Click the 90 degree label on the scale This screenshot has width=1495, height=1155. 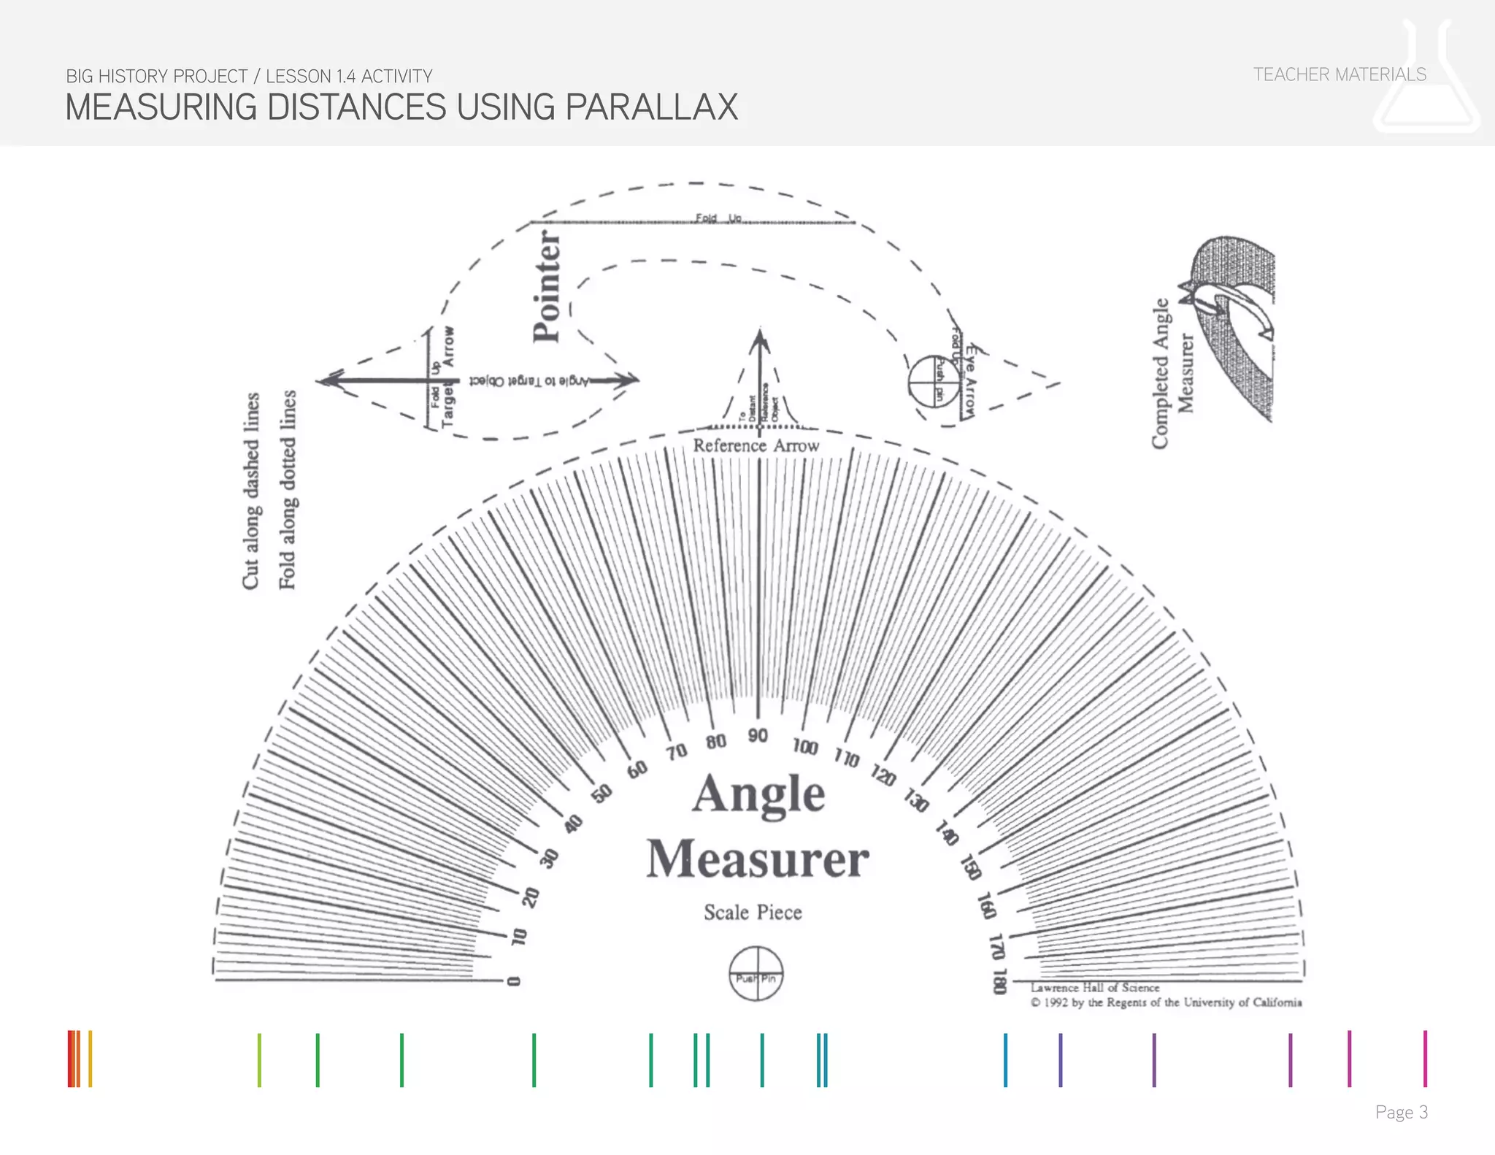pyautogui.click(x=758, y=735)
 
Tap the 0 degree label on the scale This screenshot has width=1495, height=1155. pyautogui.click(x=514, y=981)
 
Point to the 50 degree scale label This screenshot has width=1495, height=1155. pyautogui.click(x=602, y=794)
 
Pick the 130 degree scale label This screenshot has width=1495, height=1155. pyautogui.click(x=916, y=801)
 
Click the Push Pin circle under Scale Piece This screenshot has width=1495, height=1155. pyautogui.click(x=756, y=974)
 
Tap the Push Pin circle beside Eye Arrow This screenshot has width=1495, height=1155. pyautogui.click(x=934, y=381)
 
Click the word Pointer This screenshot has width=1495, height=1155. pyautogui.click(x=547, y=286)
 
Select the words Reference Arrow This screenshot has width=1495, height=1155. pyautogui.click(x=756, y=445)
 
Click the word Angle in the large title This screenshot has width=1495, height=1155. pyautogui.click(x=758, y=794)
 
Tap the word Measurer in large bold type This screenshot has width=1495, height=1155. pyautogui.click(x=758, y=859)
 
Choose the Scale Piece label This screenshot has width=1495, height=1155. pyautogui.click(x=753, y=913)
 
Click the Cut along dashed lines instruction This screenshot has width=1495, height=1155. pyautogui.click(x=251, y=491)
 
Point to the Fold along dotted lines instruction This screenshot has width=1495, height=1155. pyautogui.click(x=288, y=491)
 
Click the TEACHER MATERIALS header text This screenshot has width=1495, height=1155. pyautogui.click(x=1340, y=74)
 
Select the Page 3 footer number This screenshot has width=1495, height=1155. pyautogui.click(x=1401, y=1112)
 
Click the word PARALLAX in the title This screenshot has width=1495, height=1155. pyautogui.click(x=651, y=107)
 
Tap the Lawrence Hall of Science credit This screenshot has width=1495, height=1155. pyautogui.click(x=1094, y=988)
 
